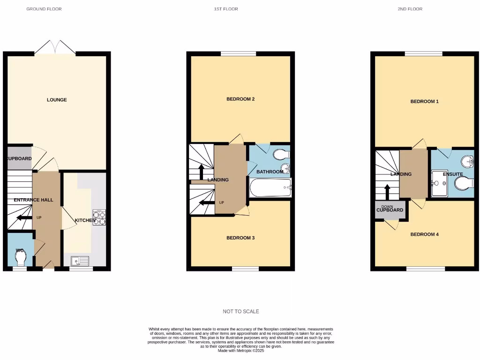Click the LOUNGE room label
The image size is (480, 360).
(x=57, y=100)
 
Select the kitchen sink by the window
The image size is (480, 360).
(x=81, y=261)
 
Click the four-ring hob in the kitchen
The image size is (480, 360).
(x=99, y=217)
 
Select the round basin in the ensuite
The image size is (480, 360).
(x=467, y=162)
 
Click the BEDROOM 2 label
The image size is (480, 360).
(x=240, y=99)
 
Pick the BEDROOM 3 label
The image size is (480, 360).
(x=240, y=238)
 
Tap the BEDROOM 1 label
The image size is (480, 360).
(x=424, y=102)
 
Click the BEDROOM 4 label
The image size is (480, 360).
(x=424, y=234)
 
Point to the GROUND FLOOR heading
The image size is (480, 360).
(x=44, y=9)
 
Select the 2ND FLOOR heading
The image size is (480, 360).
(x=410, y=9)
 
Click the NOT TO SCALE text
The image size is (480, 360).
(x=240, y=311)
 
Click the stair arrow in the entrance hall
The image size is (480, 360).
(x=22, y=217)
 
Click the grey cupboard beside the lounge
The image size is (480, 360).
(x=20, y=158)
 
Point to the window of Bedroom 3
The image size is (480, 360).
(x=246, y=269)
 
